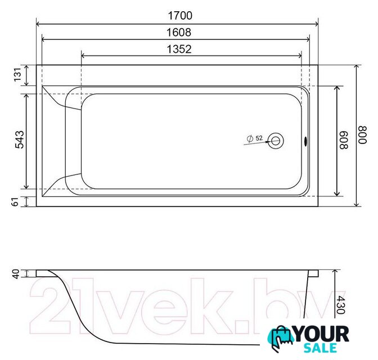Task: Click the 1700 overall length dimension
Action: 180,16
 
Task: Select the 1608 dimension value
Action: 179,32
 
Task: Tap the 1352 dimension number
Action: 179,49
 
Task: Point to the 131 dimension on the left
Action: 18,75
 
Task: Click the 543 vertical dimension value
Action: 20,139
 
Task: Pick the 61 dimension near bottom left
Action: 15,201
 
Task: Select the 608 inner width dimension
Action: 344,140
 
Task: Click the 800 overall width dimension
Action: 362,135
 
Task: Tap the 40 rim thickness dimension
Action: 16,274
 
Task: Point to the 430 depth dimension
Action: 340,305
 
